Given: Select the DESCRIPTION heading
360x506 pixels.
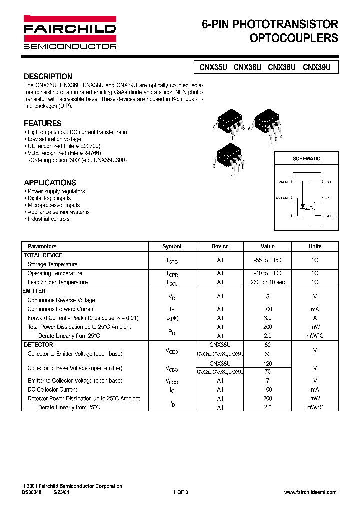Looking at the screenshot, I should [48, 77].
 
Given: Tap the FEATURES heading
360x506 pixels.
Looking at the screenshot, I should [43, 123].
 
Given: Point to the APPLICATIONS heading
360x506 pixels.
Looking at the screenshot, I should [50, 183].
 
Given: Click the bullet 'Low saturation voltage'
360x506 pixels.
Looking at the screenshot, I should [54, 139].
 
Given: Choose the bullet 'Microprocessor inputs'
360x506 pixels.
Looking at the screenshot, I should [53, 205].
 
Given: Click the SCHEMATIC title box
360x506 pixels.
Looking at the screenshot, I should [306, 159].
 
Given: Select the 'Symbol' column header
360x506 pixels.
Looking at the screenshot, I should [172, 246].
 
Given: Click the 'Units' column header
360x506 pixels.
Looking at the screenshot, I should [315, 246].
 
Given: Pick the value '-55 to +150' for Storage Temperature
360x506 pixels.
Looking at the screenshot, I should [268, 260].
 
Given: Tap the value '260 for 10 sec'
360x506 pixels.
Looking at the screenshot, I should [268, 282].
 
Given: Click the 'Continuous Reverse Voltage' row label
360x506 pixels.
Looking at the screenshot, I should [61, 300].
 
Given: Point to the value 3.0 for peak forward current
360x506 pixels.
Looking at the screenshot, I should [268, 318].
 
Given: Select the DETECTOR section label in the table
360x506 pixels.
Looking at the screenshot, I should [38, 345].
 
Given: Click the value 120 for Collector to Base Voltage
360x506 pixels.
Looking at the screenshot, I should [268, 364].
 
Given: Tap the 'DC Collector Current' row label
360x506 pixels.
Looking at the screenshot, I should [52, 390].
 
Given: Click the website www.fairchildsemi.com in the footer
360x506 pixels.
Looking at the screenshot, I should [310, 492].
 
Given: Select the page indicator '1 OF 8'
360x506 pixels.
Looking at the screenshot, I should [180, 492].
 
